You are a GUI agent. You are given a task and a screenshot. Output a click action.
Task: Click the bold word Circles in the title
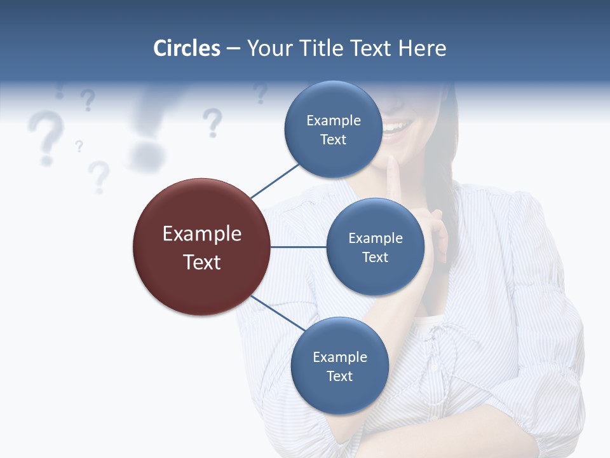(x=186, y=48)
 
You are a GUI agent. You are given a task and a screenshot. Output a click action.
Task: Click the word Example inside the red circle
(x=201, y=233)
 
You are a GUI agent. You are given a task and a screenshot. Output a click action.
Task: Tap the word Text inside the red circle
(x=201, y=262)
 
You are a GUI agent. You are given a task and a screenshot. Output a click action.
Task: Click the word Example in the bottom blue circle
(x=339, y=357)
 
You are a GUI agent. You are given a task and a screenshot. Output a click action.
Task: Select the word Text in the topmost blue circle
(x=333, y=140)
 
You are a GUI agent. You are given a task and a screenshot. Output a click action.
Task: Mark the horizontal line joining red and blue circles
(x=299, y=247)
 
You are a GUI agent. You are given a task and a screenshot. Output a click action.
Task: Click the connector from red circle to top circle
(x=274, y=181)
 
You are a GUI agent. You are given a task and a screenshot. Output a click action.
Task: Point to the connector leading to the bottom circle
(x=278, y=313)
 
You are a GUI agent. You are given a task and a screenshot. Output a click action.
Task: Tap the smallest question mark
(x=79, y=146)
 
